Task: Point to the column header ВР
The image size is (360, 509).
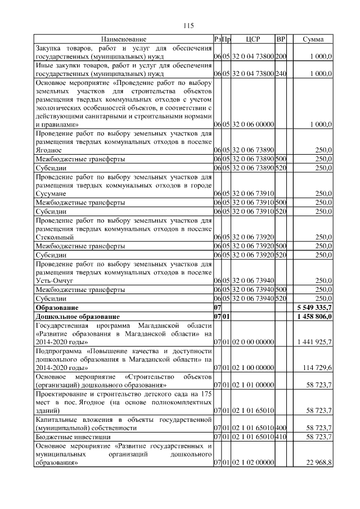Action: point(281,39)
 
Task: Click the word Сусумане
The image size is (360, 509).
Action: point(51,193)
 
